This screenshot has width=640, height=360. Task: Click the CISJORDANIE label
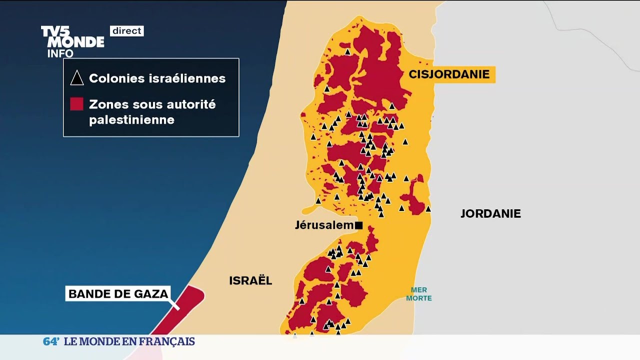[449, 74]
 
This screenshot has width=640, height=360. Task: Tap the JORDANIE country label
[490, 213]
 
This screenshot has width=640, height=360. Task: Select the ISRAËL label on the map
[250, 280]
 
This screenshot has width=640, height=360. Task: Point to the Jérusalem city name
[324, 225]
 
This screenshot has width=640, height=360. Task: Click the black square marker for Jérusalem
[358, 225]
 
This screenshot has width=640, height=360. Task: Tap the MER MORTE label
[418, 294]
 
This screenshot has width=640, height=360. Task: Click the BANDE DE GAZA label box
[118, 293]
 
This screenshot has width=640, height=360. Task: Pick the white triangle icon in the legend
[76, 78]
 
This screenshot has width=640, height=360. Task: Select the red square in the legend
[76, 104]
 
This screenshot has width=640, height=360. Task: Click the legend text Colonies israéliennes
[157, 78]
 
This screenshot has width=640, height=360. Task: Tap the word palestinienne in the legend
[131, 120]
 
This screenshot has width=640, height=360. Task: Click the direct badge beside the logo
[127, 31]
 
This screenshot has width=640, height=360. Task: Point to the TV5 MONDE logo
[72, 36]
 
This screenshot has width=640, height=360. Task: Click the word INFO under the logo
[60, 53]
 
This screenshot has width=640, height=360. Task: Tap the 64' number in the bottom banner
[51, 341]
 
